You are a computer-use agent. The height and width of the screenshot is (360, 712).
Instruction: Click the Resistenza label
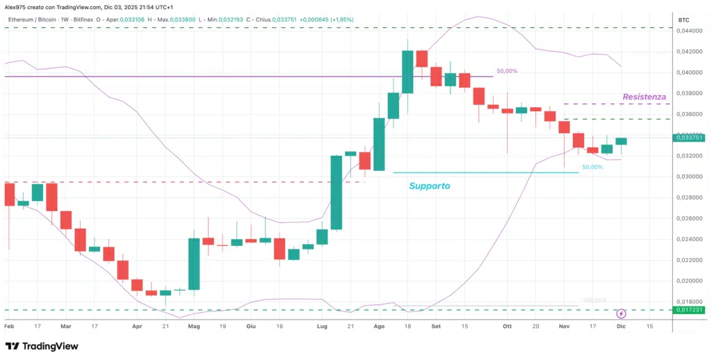pos(644,97)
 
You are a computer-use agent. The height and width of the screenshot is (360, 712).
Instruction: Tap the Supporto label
pos(429,186)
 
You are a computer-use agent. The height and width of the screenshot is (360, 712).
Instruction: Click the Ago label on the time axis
pos(379,325)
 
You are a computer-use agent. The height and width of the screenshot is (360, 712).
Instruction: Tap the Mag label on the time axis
pos(194,325)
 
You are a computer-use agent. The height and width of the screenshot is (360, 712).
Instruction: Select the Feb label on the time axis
pos(9,325)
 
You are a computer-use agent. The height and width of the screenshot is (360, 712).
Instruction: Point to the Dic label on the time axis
pos(621,325)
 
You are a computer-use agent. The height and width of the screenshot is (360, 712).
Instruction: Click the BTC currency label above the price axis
pos(685,20)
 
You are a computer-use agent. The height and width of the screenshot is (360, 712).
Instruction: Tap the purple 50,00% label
pos(506,72)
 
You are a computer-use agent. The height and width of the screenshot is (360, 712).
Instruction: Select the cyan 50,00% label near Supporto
pos(592,167)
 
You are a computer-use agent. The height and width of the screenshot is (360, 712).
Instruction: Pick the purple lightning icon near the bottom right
pos(621,313)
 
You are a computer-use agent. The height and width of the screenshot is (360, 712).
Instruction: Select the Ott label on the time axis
pos(507,325)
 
